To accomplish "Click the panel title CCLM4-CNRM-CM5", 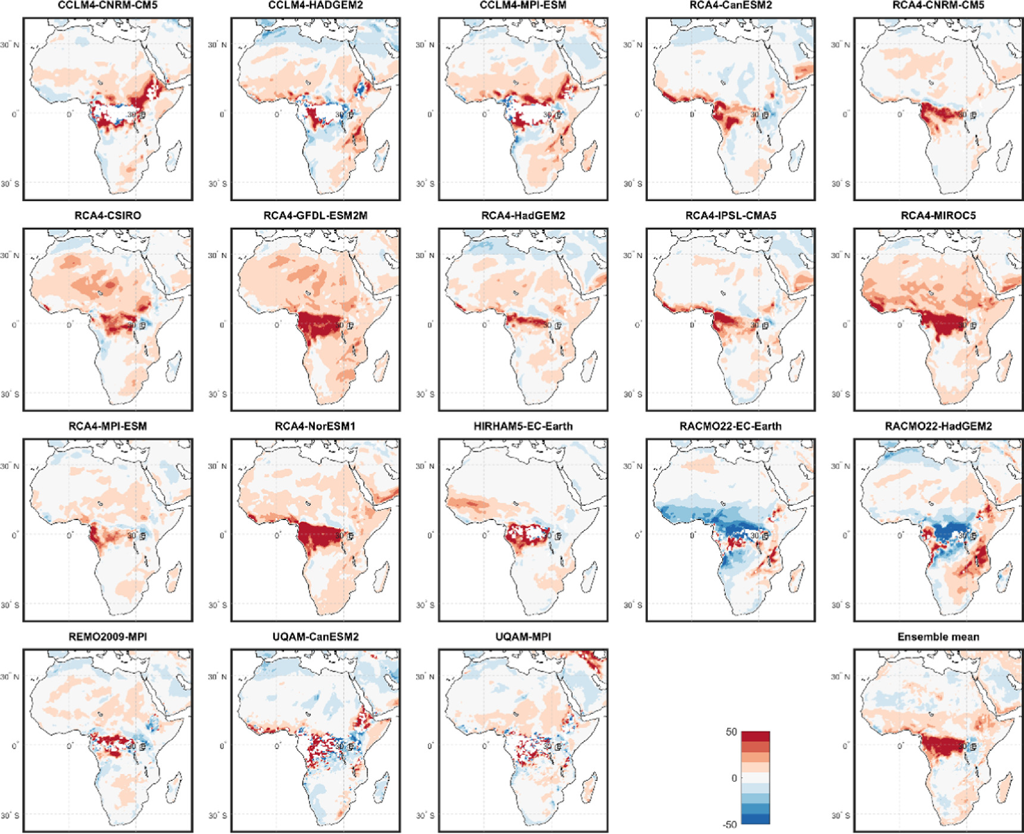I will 108,5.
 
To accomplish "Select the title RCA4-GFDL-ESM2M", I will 316,216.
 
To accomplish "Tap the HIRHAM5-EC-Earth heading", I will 523,427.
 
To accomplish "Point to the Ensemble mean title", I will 938,637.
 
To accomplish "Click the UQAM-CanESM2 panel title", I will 316,637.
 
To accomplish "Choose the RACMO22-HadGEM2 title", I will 938,427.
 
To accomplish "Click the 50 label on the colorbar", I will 731,732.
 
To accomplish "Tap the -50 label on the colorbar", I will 729,824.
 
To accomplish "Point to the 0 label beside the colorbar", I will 734,778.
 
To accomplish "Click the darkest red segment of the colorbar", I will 755,736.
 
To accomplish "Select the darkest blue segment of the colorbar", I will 755,819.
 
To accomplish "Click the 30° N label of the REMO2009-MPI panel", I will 10,677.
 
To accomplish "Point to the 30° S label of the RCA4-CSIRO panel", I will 10,394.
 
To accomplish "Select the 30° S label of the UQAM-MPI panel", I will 425,816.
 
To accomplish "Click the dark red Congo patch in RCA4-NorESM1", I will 319,536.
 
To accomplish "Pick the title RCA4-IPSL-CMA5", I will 730,216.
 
